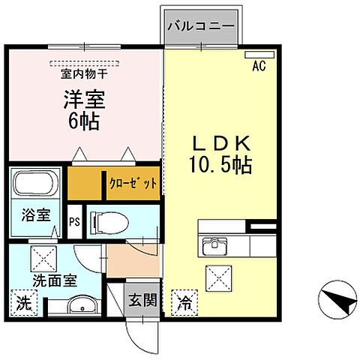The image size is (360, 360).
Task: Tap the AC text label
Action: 259,67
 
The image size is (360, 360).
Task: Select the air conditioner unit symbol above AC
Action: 260,55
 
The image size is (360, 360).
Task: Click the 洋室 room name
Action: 82,99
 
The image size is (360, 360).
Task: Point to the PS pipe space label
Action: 73,222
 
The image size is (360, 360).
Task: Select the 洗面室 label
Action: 55,284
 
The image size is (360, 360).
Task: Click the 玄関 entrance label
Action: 141,301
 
